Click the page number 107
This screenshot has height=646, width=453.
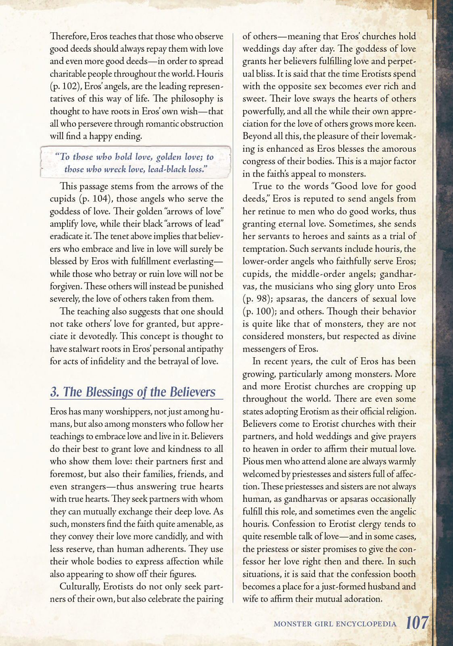point(417,623)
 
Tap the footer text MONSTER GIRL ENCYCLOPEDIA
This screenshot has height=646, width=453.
point(335,624)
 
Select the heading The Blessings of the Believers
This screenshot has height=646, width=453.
point(133,392)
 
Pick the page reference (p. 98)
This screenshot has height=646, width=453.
point(258,299)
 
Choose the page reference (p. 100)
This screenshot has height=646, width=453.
point(260,311)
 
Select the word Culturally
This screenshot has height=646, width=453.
point(80,586)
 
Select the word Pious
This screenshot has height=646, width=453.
point(253,461)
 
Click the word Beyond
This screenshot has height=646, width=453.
point(256,136)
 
